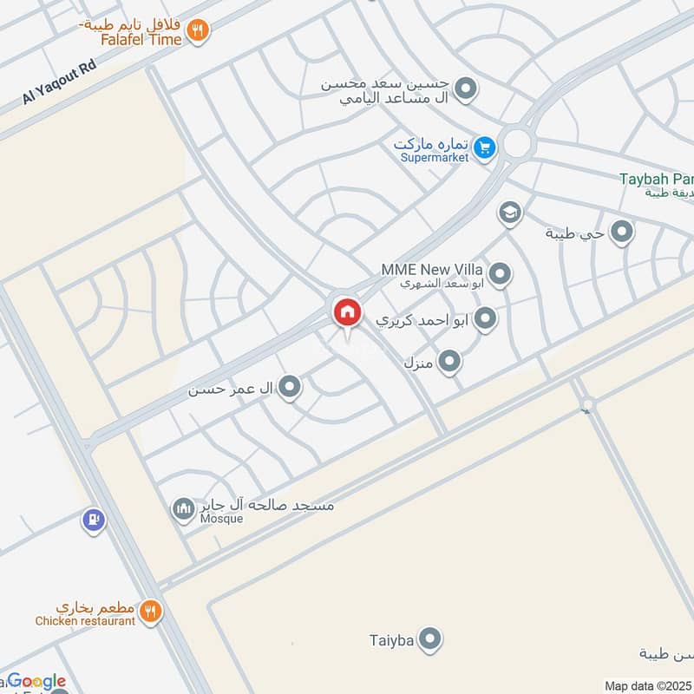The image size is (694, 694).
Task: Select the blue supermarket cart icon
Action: pyautogui.click(x=485, y=148)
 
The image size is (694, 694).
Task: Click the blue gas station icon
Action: pyautogui.click(x=93, y=520)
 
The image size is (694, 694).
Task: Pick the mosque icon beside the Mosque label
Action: pyautogui.click(x=183, y=507)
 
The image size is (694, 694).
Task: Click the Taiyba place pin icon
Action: pyautogui.click(x=429, y=641)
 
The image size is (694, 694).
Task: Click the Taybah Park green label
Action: pyautogui.click(x=656, y=180)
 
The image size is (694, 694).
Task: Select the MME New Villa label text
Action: pyautogui.click(x=432, y=270)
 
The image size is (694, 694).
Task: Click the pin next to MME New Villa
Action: pyautogui.click(x=499, y=275)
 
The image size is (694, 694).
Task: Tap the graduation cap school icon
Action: pyautogui.click(x=509, y=213)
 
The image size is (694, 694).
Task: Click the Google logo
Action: pyautogui.click(x=36, y=681)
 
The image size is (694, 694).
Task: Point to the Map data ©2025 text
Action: pyautogui.click(x=645, y=685)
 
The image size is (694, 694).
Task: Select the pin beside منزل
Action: pyautogui.click(x=448, y=360)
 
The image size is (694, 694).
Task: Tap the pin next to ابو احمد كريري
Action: pyautogui.click(x=485, y=318)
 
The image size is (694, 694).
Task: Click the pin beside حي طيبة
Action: pyautogui.click(x=621, y=232)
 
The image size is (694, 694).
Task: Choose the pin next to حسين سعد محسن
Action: pyautogui.click(x=467, y=88)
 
